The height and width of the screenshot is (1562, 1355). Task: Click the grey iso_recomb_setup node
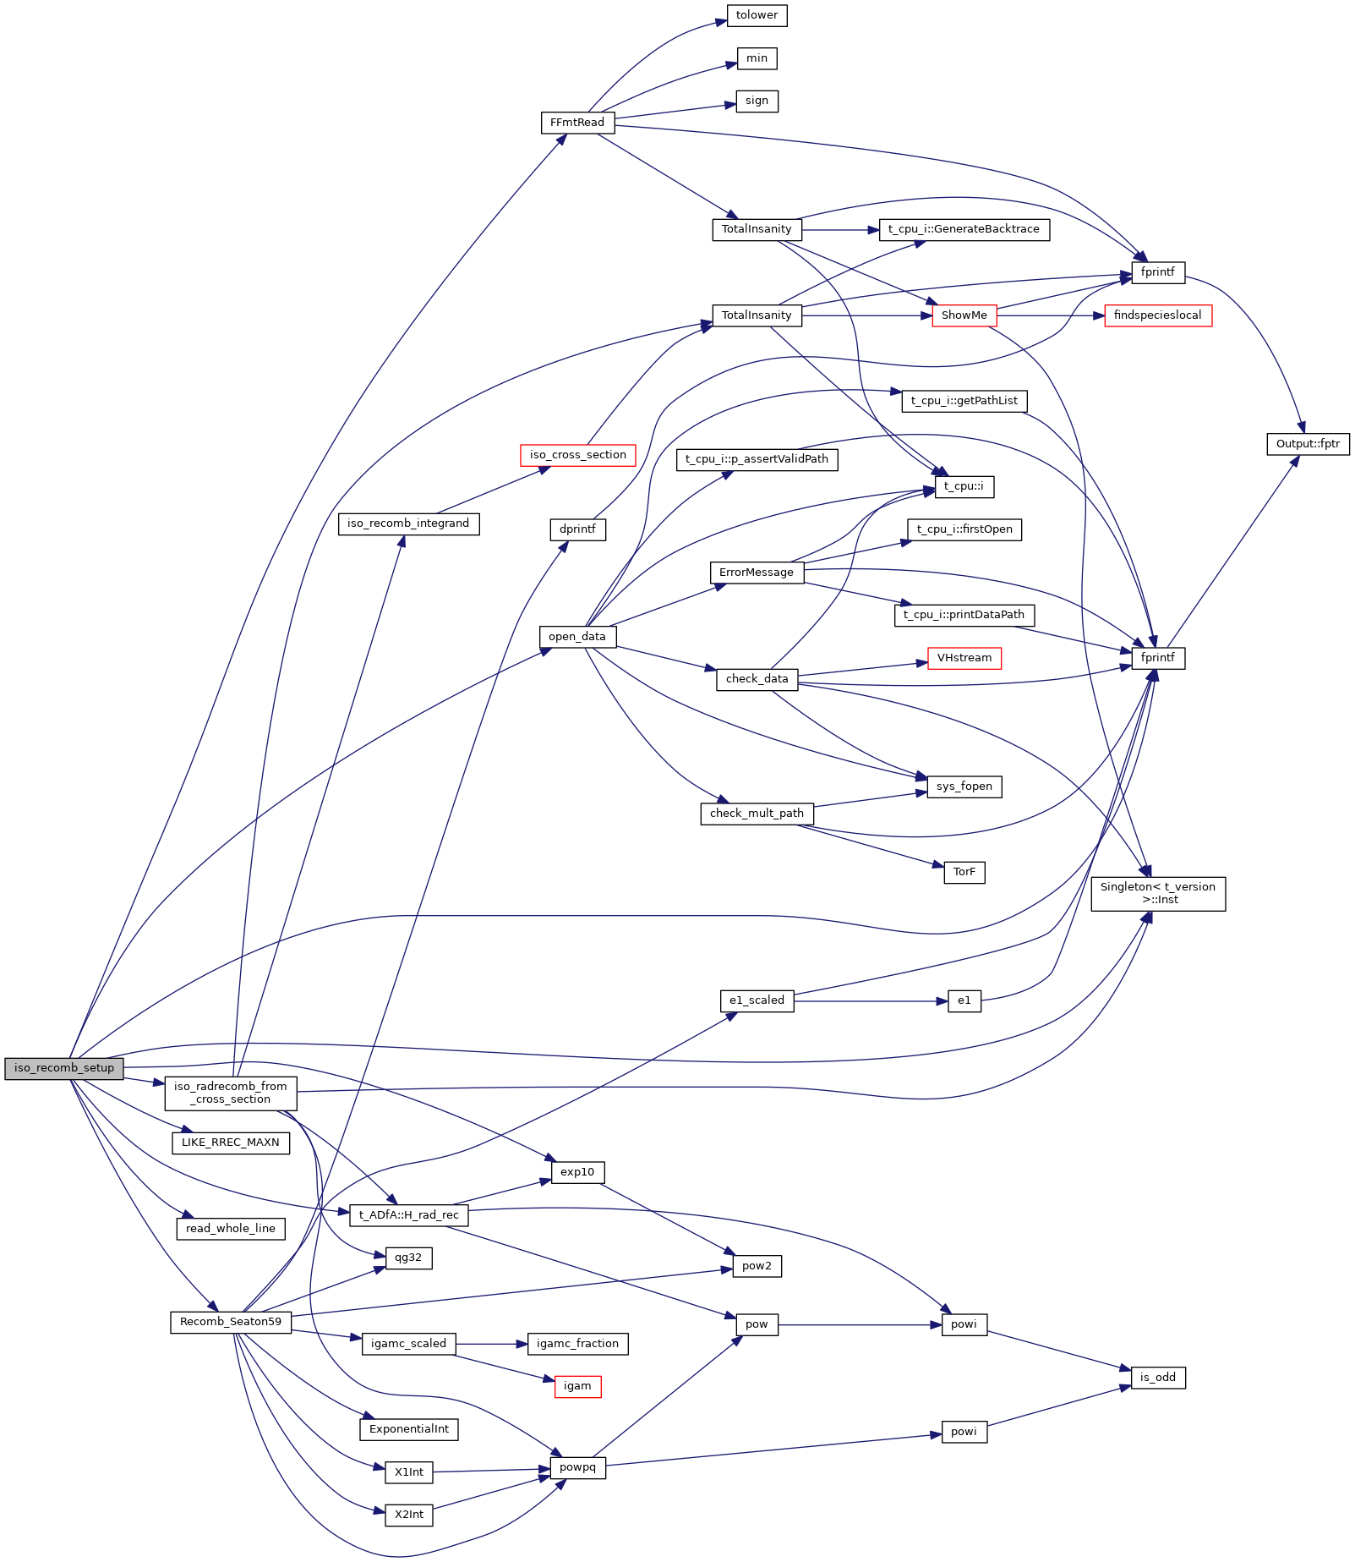64,1068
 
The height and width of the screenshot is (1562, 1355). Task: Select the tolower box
757,15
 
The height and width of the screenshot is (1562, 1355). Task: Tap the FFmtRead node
577,123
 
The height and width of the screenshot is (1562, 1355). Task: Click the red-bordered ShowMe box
964,315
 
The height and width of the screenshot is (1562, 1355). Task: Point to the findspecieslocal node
1157,315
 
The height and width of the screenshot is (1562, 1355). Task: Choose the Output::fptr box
1308,444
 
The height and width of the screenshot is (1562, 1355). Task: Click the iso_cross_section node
577,455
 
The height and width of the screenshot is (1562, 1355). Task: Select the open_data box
577,637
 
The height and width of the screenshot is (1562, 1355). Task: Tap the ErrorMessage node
757,573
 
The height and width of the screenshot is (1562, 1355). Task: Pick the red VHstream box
964,658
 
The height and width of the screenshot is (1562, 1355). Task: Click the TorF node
964,872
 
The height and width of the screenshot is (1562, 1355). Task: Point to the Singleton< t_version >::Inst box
1157,893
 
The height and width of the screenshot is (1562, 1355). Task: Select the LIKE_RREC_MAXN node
230,1143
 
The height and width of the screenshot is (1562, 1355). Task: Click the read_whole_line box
230,1229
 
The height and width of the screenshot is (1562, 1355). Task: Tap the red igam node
577,1386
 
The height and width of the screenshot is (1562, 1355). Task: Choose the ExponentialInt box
409,1429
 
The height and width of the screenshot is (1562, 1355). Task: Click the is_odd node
1157,1378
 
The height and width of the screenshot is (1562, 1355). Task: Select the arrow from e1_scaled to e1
871,1001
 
